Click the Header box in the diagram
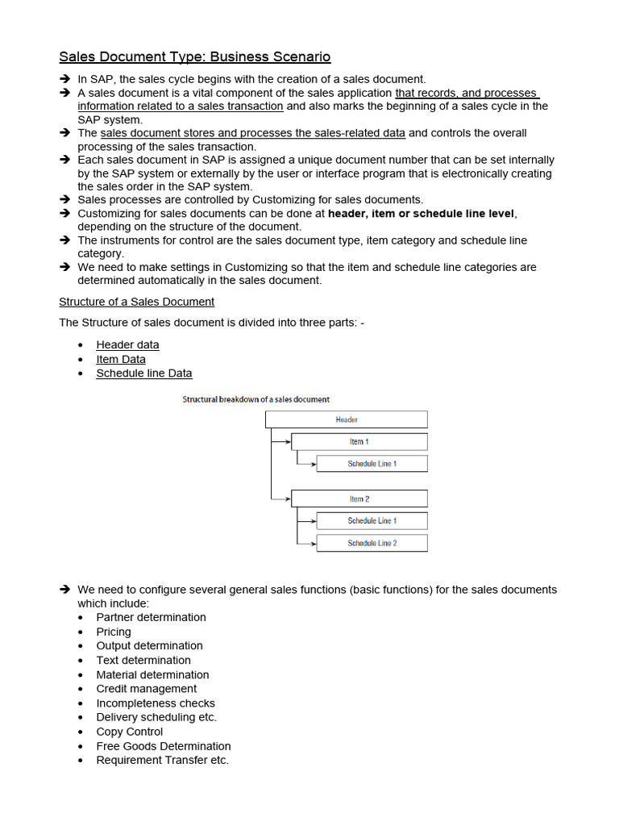pyautogui.click(x=347, y=419)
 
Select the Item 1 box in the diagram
pyautogui.click(x=359, y=442)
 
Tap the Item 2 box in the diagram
pyautogui.click(x=359, y=499)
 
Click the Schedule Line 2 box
pyautogui.click(x=372, y=544)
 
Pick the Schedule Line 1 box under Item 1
pyautogui.click(x=372, y=464)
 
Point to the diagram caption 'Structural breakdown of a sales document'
pyautogui.click(x=255, y=399)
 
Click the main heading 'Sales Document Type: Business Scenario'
pyautogui.click(x=195, y=56)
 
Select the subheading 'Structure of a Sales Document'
pyautogui.click(x=137, y=302)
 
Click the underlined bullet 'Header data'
pyautogui.click(x=127, y=344)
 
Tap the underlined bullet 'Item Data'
pyautogui.click(x=121, y=359)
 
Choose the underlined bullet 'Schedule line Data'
pyautogui.click(x=144, y=373)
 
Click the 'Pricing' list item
pyautogui.click(x=114, y=632)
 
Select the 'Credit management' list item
pyautogui.click(x=146, y=689)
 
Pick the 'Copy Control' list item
pyautogui.click(x=129, y=732)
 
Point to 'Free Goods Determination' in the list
pyautogui.click(x=163, y=746)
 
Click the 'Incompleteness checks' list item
pyautogui.click(x=156, y=703)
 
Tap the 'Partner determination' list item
pyautogui.click(x=151, y=617)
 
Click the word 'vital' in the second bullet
pyautogui.click(x=208, y=93)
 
